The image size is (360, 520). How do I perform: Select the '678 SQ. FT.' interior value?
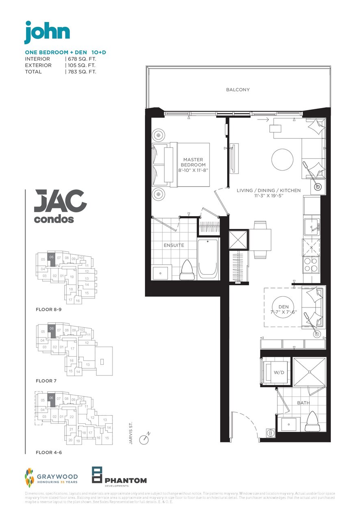click(x=82, y=59)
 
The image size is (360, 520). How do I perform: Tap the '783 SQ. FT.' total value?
click(x=82, y=71)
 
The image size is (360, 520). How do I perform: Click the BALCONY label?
click(x=238, y=90)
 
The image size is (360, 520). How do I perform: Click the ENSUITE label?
click(x=174, y=245)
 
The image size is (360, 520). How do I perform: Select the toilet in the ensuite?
click(x=187, y=270)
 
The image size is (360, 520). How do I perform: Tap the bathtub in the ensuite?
click(x=208, y=259)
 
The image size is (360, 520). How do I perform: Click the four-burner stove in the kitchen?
click(x=310, y=265)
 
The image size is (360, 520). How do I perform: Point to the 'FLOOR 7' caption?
click(x=46, y=381)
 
